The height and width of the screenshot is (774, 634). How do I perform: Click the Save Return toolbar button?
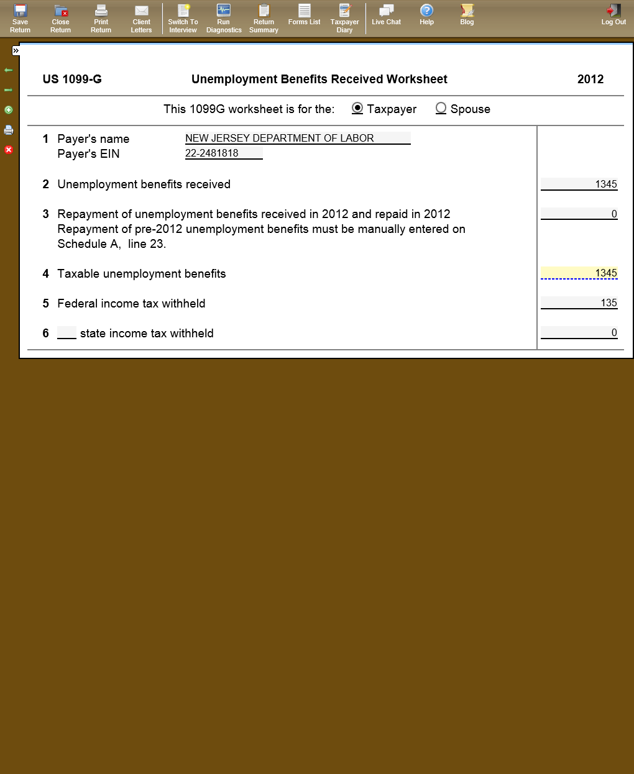[20, 18]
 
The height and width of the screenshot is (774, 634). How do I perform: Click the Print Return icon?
[101, 11]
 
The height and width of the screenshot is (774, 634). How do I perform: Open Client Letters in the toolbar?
[141, 18]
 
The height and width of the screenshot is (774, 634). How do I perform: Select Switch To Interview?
[183, 18]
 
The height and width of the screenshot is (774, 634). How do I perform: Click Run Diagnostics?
[224, 18]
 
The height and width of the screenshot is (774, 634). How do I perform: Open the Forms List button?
[304, 15]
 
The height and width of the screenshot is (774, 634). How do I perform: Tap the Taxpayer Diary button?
[344, 18]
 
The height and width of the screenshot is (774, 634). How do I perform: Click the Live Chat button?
[386, 15]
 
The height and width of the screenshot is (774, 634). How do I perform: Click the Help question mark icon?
[426, 11]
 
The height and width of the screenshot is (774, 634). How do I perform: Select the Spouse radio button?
[441, 108]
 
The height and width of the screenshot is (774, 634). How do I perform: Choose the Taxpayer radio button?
[357, 108]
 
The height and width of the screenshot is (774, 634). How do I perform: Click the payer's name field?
[298, 138]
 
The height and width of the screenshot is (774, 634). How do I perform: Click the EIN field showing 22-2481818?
[224, 153]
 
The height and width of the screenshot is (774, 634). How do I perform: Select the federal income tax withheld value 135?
[579, 303]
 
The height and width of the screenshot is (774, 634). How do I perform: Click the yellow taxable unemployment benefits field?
[579, 273]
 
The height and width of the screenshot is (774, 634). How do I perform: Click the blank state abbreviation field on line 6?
[67, 333]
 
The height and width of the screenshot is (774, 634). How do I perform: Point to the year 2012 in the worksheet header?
[590, 79]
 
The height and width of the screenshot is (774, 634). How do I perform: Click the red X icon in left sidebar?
[9, 150]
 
